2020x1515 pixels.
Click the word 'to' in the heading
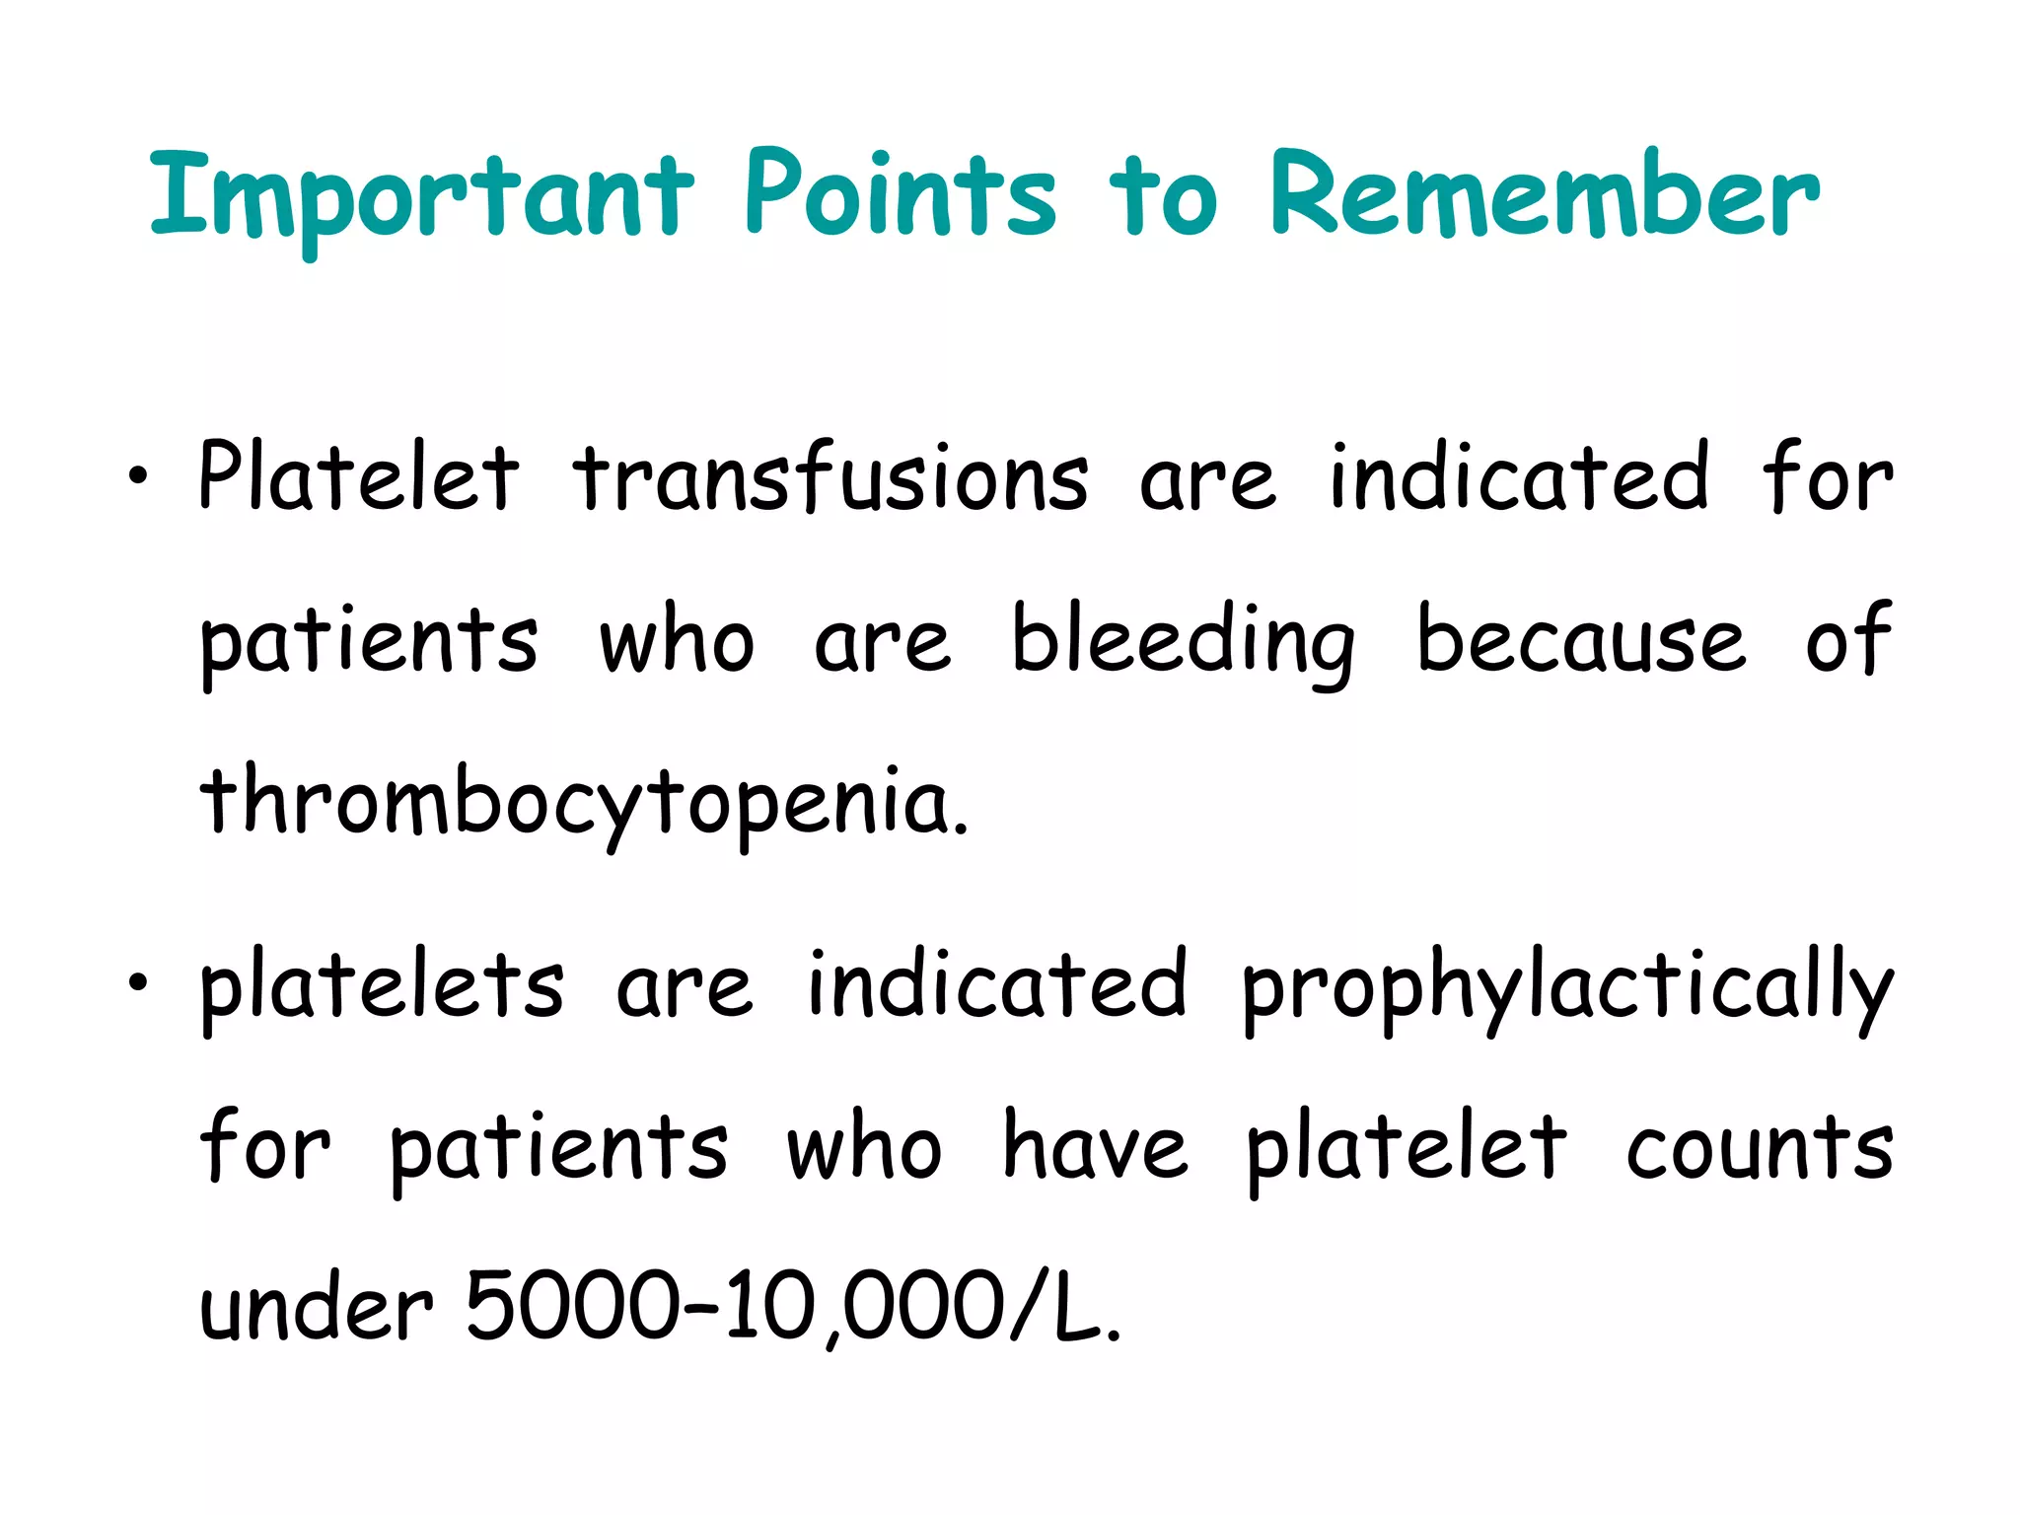click(1164, 197)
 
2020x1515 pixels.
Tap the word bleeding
click(1184, 641)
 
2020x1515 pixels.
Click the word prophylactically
click(1566, 986)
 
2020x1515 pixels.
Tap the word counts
click(1760, 1148)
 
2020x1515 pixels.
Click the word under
click(316, 1307)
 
